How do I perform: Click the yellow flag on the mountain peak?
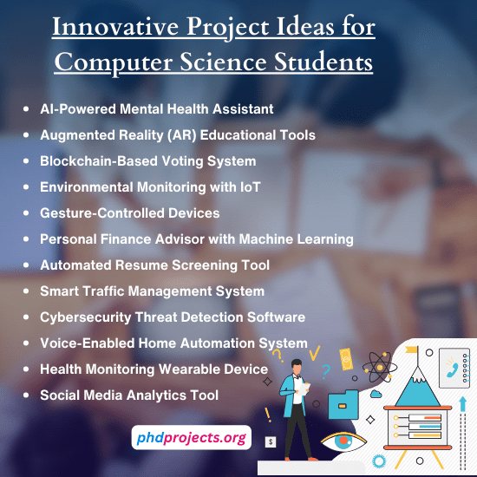[x=415, y=351]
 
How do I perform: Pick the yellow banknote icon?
[x=346, y=358]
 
